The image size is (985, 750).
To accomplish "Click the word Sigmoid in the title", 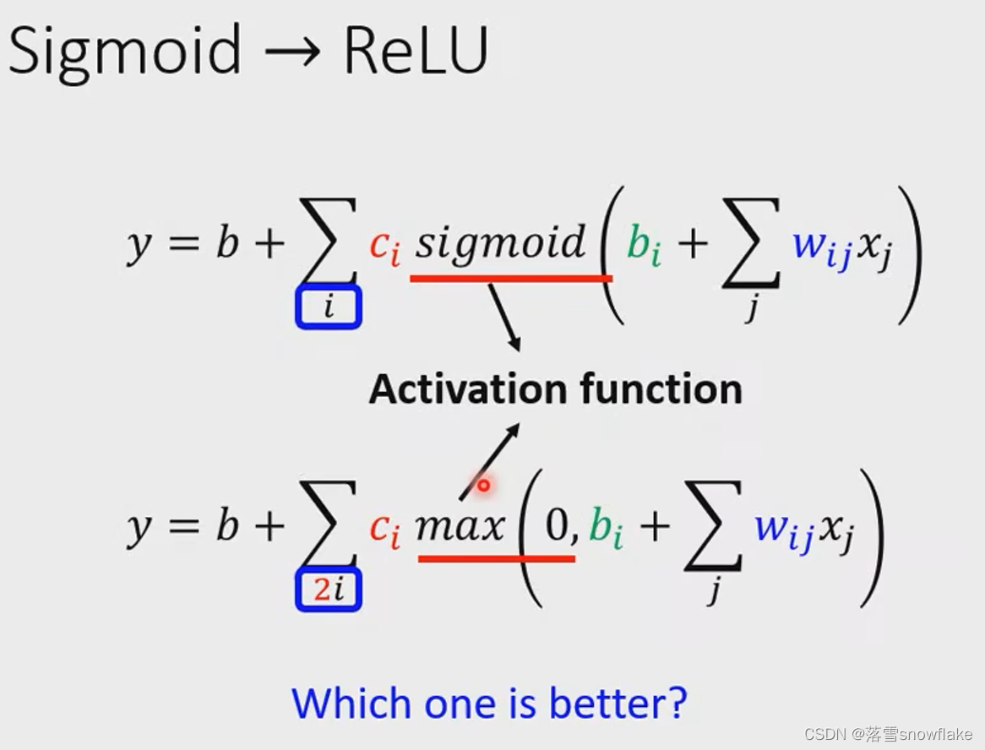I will (125, 51).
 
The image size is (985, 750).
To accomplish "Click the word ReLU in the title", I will (416, 51).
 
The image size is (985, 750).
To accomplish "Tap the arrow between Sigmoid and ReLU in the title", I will (291, 52).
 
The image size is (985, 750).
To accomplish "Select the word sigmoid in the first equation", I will (500, 243).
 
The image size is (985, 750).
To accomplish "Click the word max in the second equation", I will (460, 526).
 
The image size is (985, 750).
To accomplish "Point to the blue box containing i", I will (329, 307).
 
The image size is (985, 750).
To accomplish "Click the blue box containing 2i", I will (329, 589).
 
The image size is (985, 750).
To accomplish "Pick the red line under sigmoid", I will (511, 277).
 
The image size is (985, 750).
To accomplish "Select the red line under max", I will (497, 558).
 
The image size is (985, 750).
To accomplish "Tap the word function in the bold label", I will (661, 389).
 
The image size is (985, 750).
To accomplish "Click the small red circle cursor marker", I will (483, 486).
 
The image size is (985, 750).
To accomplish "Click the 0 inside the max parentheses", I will (558, 526).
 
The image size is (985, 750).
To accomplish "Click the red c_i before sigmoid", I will (384, 247).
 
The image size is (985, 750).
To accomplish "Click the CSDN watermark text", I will (887, 733).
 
